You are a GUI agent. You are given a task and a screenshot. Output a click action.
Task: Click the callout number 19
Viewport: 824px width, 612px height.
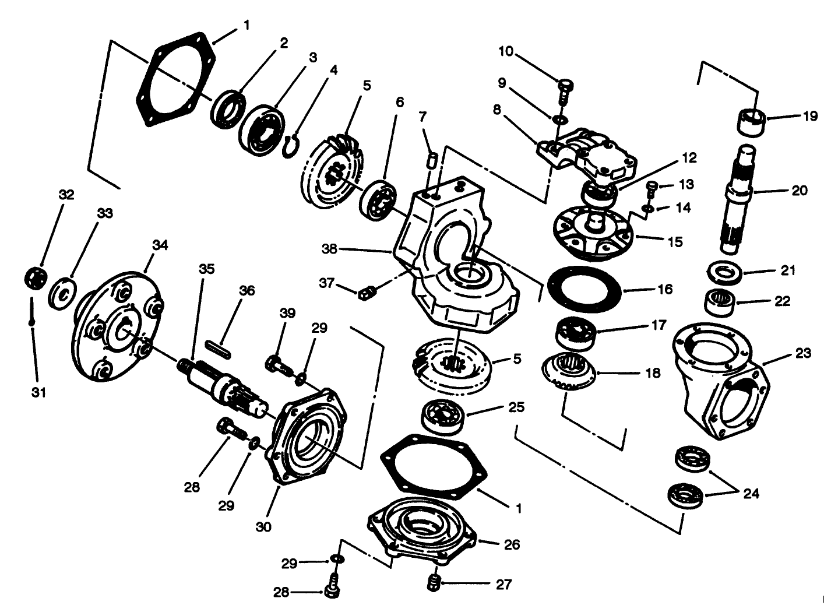pyautogui.click(x=809, y=115)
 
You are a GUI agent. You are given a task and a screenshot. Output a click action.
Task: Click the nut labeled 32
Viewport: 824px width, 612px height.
pyautogui.click(x=36, y=278)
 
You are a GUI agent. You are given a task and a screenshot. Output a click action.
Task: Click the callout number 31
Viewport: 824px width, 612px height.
pyautogui.click(x=37, y=393)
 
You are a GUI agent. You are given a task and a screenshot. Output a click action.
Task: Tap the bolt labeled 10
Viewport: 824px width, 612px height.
pyautogui.click(x=565, y=89)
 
